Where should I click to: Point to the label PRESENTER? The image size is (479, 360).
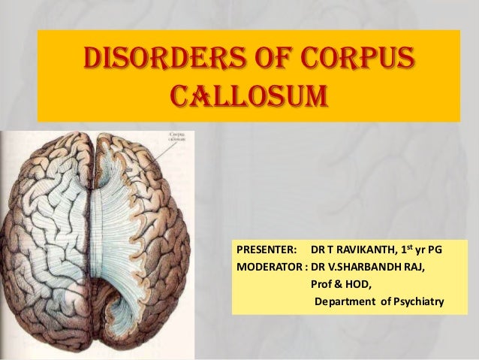267,249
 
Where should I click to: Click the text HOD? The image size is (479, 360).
359,285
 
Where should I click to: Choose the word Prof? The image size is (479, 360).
322,285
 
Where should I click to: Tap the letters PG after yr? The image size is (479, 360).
435,249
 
